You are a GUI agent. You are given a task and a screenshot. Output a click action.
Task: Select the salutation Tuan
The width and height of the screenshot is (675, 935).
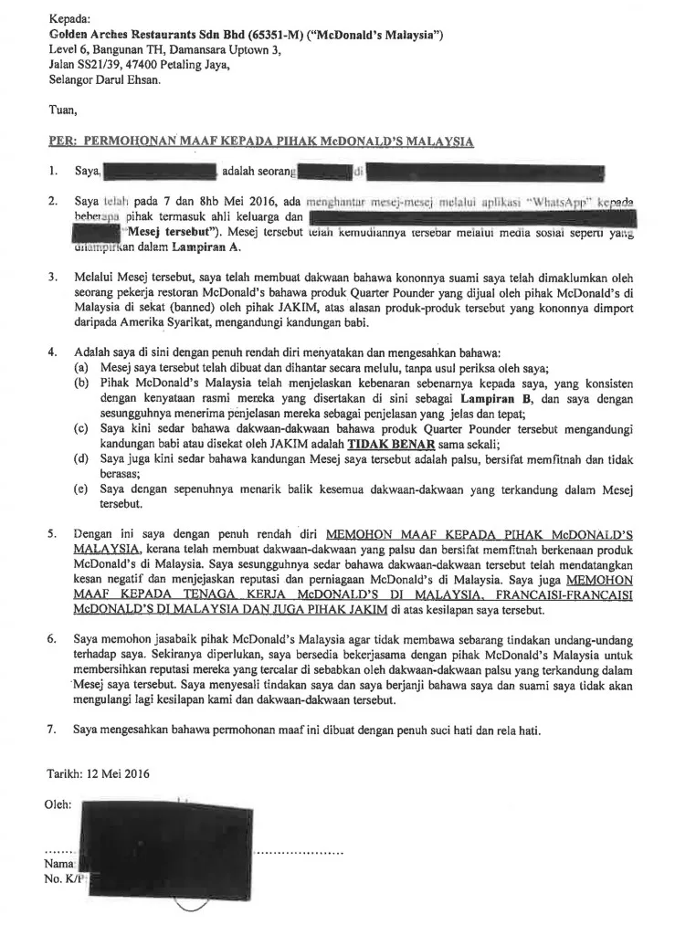(61, 111)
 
